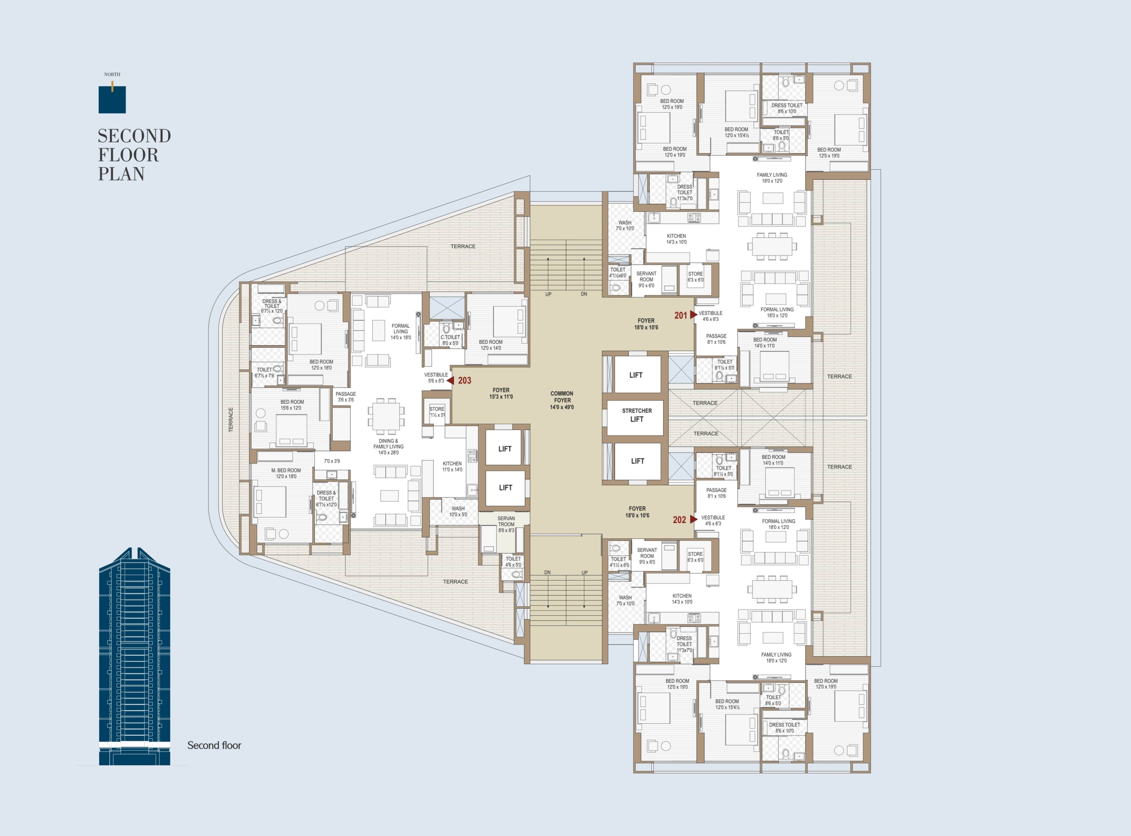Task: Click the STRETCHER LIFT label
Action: pos(637,415)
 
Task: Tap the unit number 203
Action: pos(464,380)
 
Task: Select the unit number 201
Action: pos(681,315)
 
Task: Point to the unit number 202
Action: pos(679,520)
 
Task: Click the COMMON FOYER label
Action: pos(562,400)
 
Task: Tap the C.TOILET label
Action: pos(450,337)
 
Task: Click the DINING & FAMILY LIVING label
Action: pos(389,447)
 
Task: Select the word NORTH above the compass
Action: pos(112,74)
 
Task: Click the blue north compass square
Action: pos(112,100)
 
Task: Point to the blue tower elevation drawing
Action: pos(135,656)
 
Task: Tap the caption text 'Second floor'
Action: pos(214,745)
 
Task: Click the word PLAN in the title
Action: pos(121,174)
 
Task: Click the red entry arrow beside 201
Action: pos(694,315)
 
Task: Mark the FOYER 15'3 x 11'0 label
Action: pos(501,394)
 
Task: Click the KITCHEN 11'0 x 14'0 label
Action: pos(452,467)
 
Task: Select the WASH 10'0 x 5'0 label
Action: pos(458,512)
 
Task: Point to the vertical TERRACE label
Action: pos(231,419)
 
